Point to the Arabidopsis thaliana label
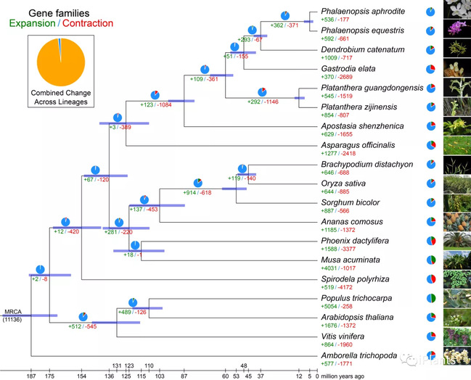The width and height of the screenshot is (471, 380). click(358, 317)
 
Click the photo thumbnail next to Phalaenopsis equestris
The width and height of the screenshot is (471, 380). click(457, 31)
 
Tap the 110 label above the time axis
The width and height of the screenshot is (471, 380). click(149, 365)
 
